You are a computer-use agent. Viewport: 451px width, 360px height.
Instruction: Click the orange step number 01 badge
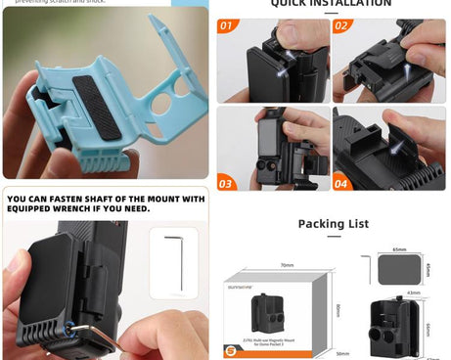pos(226,26)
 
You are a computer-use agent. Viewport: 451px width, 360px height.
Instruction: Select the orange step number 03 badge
pos(227,183)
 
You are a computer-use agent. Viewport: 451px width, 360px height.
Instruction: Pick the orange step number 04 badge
pos(342,183)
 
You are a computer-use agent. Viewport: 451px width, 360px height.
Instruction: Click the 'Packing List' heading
pos(333,224)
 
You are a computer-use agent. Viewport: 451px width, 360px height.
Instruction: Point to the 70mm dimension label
pos(286,265)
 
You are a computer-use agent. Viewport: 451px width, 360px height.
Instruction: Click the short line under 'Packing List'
pos(333,236)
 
